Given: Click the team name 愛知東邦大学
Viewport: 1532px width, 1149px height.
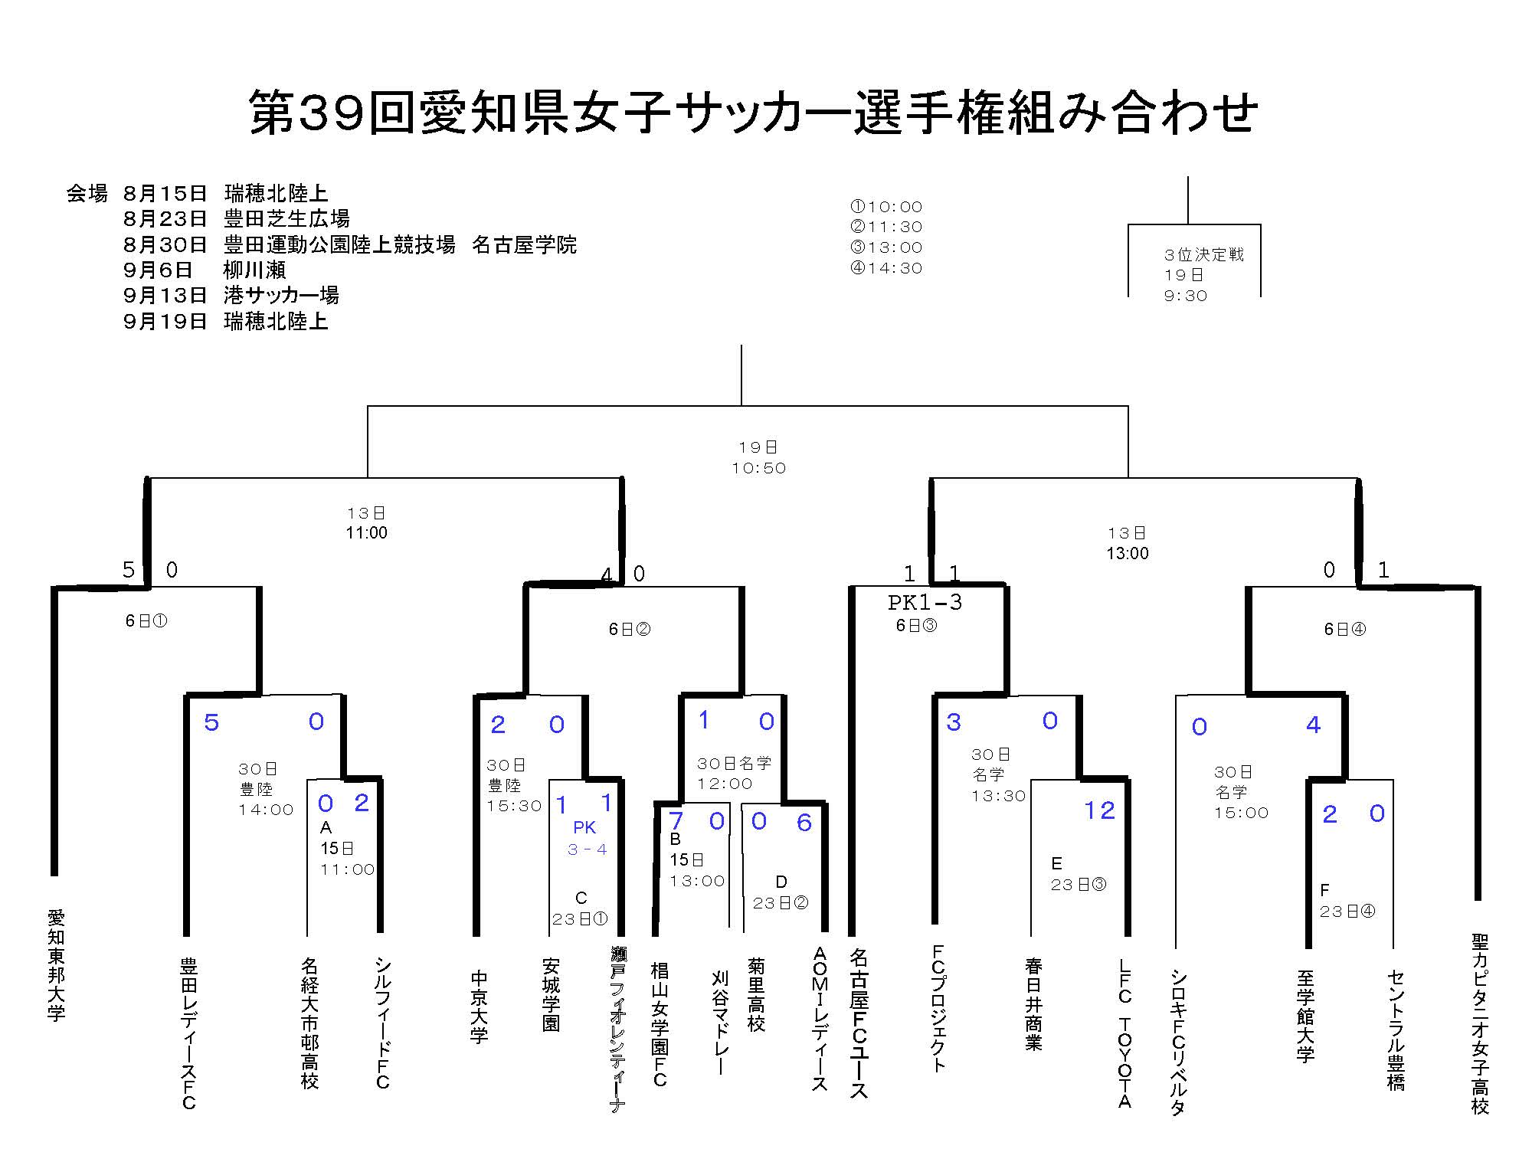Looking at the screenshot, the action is click(x=57, y=965).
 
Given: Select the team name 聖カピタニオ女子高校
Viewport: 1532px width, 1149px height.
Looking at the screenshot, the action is click(x=1480, y=1023).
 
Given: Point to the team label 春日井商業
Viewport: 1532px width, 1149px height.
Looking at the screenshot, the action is click(x=1033, y=1003).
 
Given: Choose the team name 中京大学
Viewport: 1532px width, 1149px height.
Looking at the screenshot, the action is click(x=479, y=1007).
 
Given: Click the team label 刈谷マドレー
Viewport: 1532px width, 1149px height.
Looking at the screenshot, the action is click(x=719, y=1023).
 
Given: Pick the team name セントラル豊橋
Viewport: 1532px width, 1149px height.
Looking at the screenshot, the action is click(x=1396, y=1030).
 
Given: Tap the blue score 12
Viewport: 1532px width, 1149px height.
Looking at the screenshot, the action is click(x=1099, y=810).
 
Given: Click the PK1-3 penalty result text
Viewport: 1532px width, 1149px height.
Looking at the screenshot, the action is click(x=925, y=603).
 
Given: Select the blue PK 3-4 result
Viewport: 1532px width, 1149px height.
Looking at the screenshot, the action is click(x=587, y=838).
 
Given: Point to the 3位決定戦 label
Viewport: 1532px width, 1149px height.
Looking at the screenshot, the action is click(x=1204, y=254).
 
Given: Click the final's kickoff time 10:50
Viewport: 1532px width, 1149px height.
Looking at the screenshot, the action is click(x=758, y=468).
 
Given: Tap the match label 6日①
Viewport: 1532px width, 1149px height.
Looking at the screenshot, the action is click(x=146, y=620).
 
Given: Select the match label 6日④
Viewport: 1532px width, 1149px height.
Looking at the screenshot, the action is click(x=1345, y=629).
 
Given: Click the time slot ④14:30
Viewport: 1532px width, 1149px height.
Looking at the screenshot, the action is click(x=886, y=268).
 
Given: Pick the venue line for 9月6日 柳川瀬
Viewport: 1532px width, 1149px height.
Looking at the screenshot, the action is click(x=205, y=270).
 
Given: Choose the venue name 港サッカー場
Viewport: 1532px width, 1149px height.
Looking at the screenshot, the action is click(x=281, y=295).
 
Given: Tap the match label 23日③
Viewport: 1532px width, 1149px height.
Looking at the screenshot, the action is click(x=1079, y=885).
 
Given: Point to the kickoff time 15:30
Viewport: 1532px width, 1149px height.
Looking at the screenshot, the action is click(x=514, y=806).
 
